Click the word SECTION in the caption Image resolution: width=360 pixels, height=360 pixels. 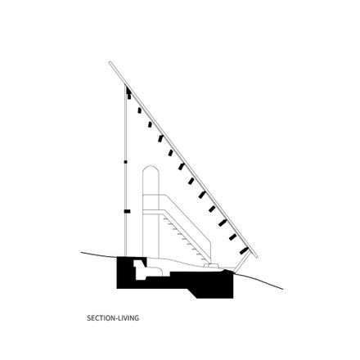101,317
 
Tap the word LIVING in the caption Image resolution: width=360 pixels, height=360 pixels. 128,317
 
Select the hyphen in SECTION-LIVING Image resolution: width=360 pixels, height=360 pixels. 116,318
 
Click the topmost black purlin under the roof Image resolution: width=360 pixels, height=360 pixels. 129,96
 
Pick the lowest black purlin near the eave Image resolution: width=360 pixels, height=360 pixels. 244,250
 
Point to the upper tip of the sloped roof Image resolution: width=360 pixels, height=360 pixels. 110,62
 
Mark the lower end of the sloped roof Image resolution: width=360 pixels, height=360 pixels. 257,257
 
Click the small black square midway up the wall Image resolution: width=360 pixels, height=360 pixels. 125,162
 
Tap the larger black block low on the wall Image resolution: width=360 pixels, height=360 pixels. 127,211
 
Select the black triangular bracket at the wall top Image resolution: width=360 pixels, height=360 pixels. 128,89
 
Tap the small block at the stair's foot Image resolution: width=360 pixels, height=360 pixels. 211,265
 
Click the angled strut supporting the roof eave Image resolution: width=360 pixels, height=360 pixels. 242,262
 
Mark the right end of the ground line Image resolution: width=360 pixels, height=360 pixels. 283,289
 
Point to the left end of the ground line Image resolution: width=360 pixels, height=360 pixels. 81,253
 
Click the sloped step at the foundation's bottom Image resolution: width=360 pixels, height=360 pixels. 194,293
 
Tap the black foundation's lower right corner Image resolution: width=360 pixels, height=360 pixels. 233,298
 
